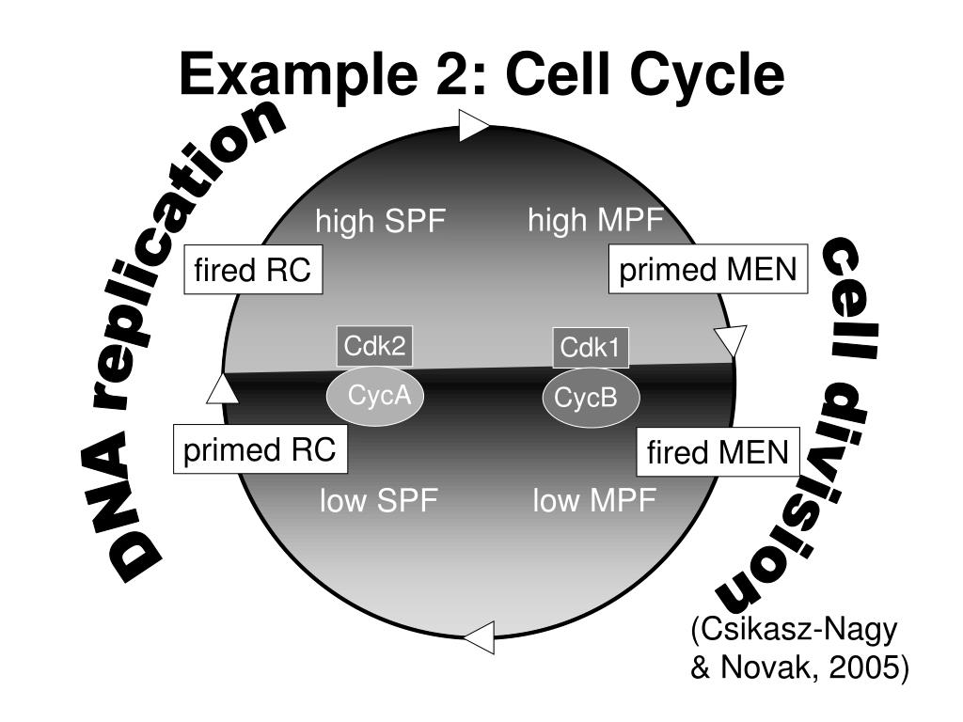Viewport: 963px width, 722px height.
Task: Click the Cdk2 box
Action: [374, 346]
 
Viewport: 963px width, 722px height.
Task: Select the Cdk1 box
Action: [590, 349]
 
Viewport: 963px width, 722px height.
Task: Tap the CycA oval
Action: [374, 396]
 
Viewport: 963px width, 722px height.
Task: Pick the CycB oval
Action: [590, 399]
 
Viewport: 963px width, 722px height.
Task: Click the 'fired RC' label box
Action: [252, 271]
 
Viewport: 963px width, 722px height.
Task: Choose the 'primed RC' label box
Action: [260, 450]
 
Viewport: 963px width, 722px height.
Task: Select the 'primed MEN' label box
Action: [707, 271]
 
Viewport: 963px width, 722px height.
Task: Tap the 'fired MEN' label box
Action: [717, 453]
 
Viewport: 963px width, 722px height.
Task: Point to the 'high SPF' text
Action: [380, 224]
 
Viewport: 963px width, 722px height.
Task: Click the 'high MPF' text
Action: [595, 222]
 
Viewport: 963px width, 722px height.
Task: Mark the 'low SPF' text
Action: [379, 501]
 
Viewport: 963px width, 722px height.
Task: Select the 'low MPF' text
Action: [594, 501]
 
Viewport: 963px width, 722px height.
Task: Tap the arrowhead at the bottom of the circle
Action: [479, 636]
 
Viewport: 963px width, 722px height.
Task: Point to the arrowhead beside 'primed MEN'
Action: [730, 339]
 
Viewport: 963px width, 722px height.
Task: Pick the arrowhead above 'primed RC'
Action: [222, 386]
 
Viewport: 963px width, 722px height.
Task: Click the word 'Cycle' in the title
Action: [718, 75]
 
